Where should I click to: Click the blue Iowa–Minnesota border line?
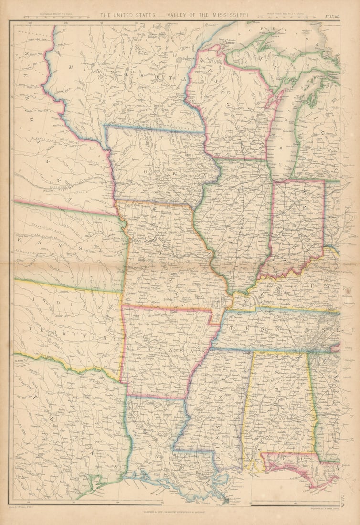pos(155,129)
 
